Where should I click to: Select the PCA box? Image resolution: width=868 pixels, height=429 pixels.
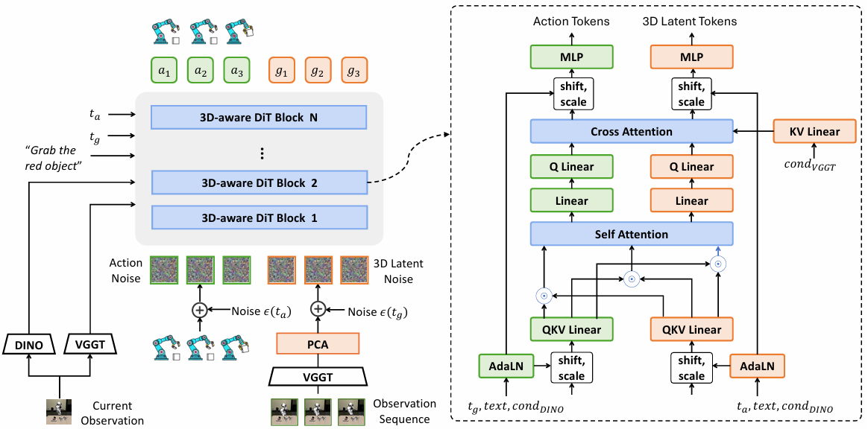pyautogui.click(x=318, y=344)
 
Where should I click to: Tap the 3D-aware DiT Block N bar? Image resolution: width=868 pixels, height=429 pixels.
pyautogui.click(x=259, y=117)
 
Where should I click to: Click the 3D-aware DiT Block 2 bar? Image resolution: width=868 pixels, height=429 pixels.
pyautogui.click(x=259, y=182)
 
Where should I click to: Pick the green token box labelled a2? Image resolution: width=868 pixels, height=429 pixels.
pyautogui.click(x=201, y=71)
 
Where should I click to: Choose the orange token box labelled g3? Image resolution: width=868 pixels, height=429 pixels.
pyautogui.click(x=354, y=71)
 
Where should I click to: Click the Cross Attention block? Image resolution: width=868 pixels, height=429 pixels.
pyautogui.click(x=632, y=132)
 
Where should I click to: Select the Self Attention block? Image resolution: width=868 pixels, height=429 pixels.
pyautogui.click(x=632, y=234)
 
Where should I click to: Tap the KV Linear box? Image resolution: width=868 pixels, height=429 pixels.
pyautogui.click(x=814, y=132)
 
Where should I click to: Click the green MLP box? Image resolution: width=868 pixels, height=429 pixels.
pyautogui.click(x=572, y=57)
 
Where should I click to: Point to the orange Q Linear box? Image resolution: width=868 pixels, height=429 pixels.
pyautogui.click(x=691, y=166)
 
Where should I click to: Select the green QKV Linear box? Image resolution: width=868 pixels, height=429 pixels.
pyautogui.click(x=572, y=329)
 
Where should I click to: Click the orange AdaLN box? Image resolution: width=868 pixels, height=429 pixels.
pyautogui.click(x=758, y=366)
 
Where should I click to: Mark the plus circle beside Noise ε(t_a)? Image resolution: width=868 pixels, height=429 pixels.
pyautogui.click(x=199, y=310)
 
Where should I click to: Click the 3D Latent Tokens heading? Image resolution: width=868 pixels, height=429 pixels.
pyautogui.click(x=690, y=22)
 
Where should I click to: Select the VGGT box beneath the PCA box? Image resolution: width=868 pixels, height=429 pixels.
pyautogui.click(x=318, y=378)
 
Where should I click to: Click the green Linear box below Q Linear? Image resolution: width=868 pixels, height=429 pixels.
pyautogui.click(x=572, y=200)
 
